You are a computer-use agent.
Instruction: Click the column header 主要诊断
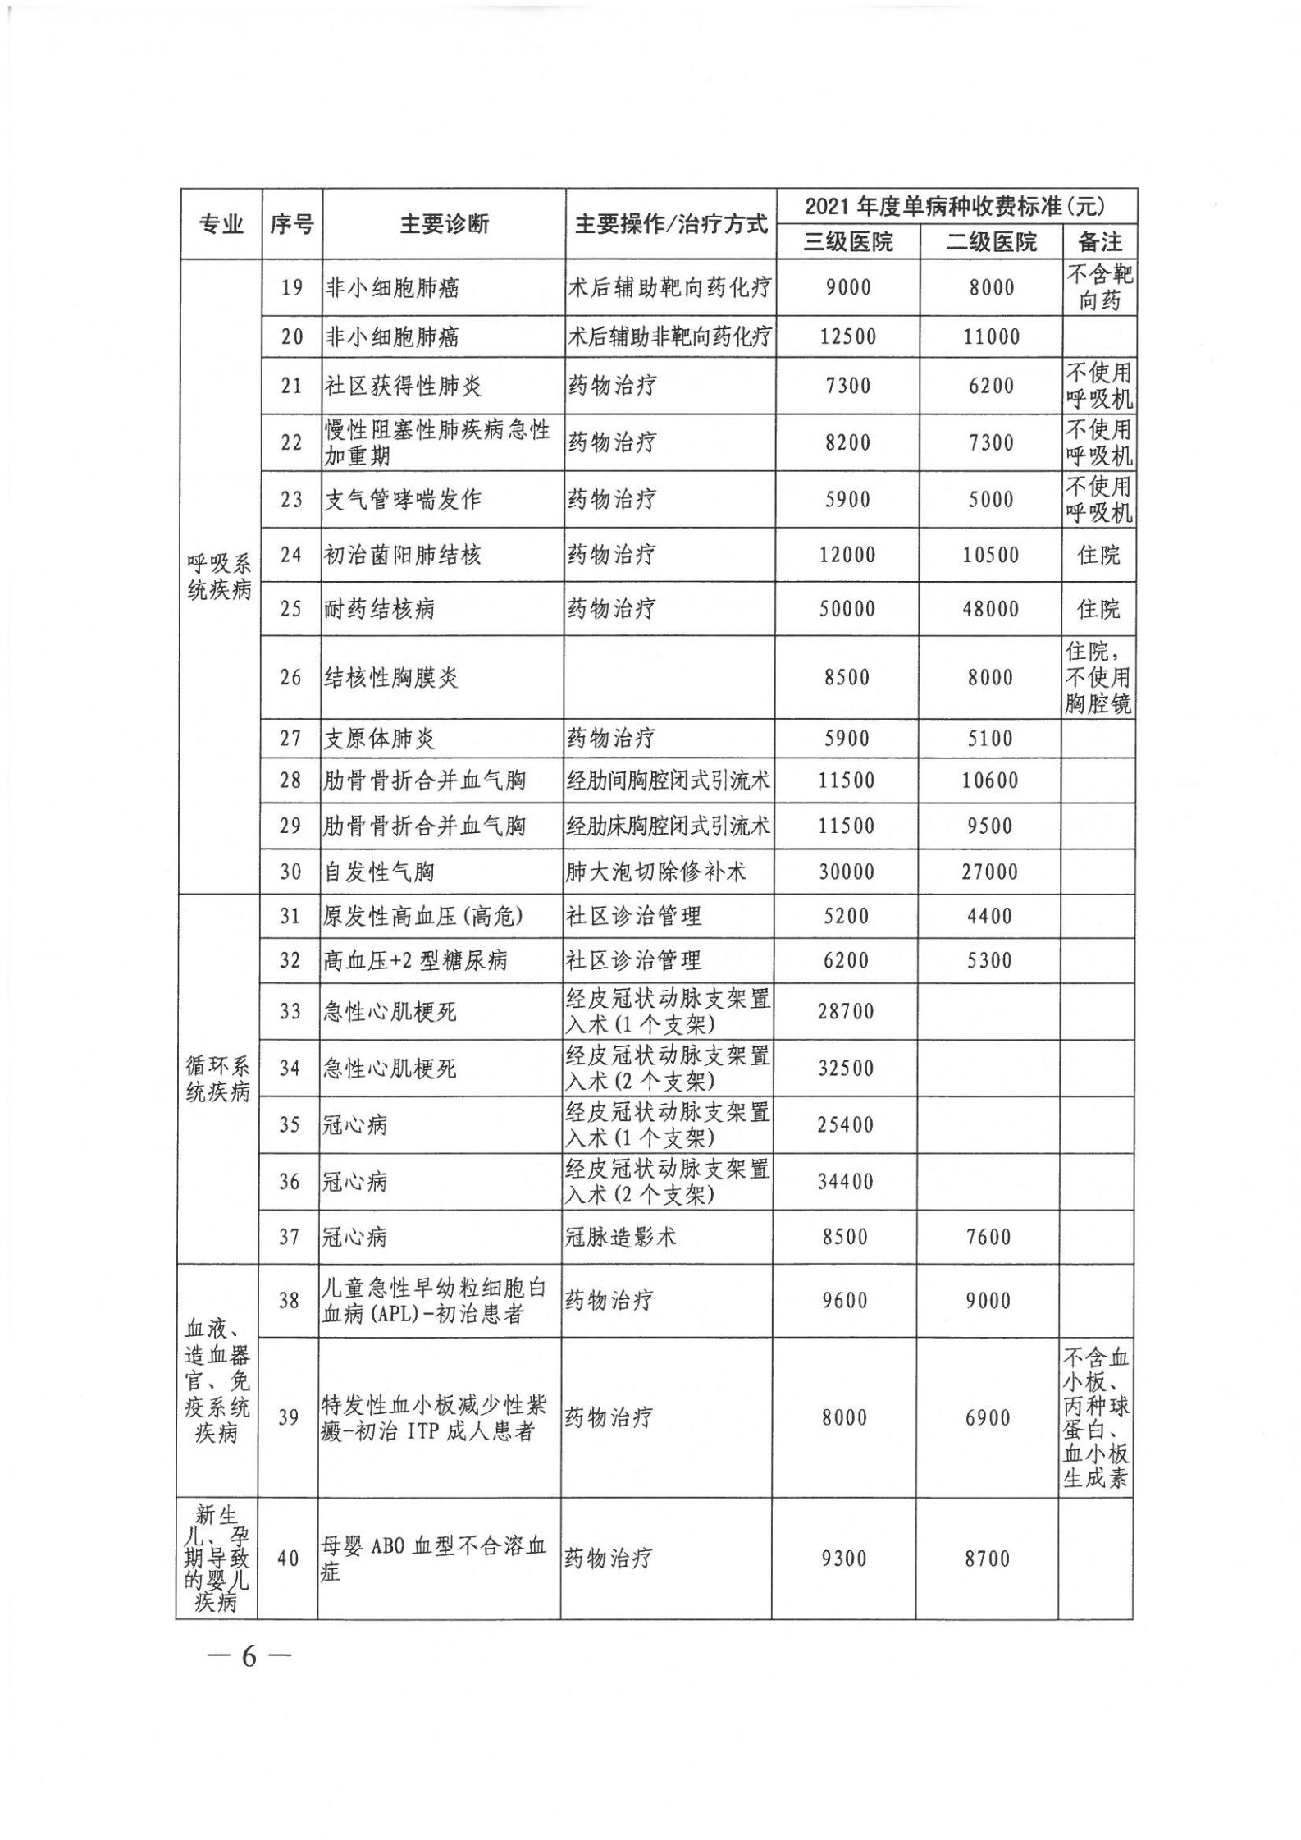[x=444, y=224]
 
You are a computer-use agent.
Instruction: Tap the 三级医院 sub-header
[x=848, y=241]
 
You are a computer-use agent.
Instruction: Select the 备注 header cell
[x=1099, y=241]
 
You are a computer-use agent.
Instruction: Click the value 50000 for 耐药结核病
[x=847, y=609]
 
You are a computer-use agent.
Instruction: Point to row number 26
[x=291, y=678]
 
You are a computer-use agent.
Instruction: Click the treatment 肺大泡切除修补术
[x=655, y=872]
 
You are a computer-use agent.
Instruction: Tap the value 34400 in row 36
[x=845, y=1182]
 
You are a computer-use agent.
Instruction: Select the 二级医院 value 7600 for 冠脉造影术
[x=988, y=1237]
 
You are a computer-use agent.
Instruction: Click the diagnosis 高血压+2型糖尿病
[x=415, y=960]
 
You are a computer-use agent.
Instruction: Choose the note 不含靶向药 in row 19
[x=1099, y=287]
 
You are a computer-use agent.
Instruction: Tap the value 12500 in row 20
[x=847, y=336]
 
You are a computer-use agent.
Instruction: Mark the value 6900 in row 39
[x=988, y=1417]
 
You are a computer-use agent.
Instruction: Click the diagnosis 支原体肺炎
[x=379, y=739]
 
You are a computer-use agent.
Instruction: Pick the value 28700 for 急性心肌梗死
[x=846, y=1011]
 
